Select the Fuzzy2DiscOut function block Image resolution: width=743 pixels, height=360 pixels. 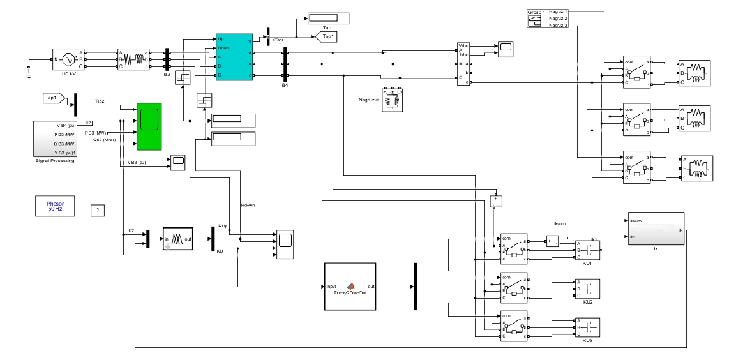click(x=350, y=287)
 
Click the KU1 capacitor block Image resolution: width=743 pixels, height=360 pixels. click(x=587, y=251)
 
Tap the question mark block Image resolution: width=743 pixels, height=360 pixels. click(x=96, y=210)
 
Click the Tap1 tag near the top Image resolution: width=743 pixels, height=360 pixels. click(x=327, y=38)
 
